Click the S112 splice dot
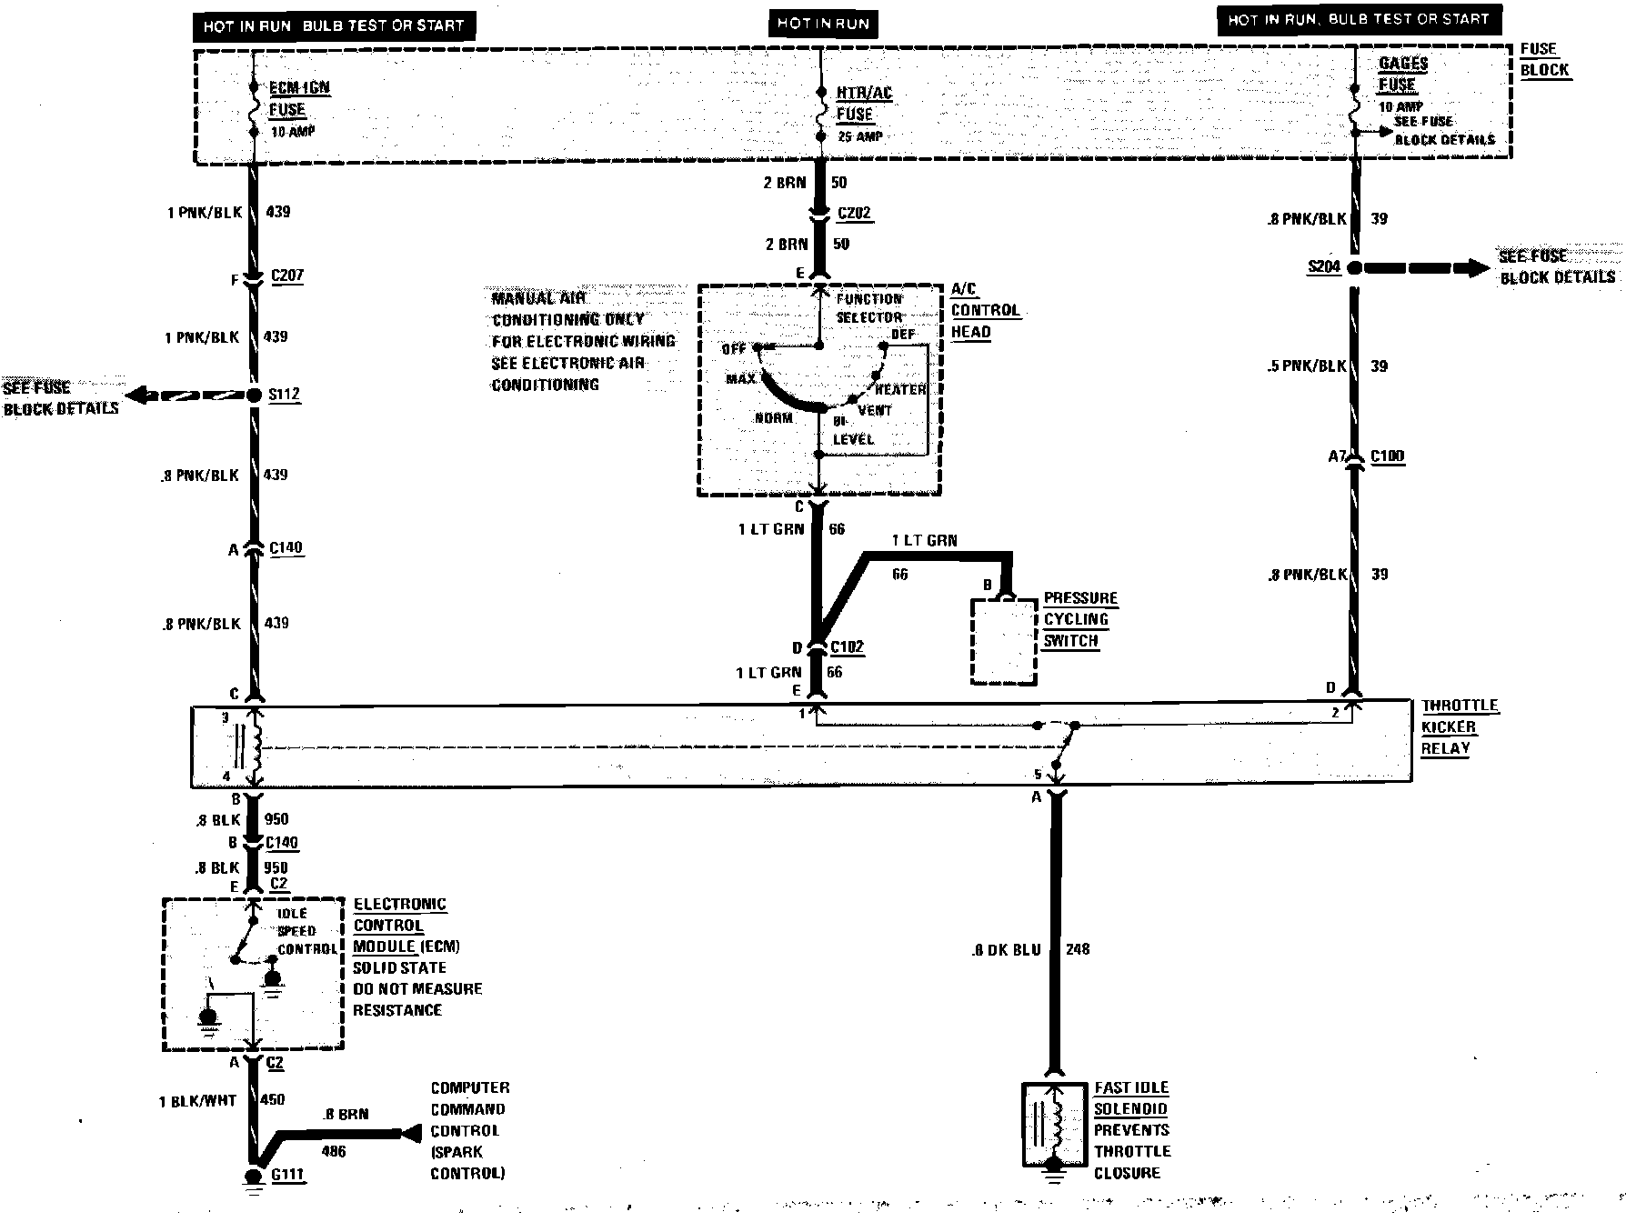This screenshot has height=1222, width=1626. (x=255, y=395)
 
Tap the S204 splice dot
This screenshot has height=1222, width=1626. (x=1354, y=268)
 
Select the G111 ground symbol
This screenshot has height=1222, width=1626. (x=255, y=1175)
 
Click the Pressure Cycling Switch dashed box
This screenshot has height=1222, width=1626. (x=1004, y=641)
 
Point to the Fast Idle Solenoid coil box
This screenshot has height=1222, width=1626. (x=1054, y=1125)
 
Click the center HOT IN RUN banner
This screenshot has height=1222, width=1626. (x=824, y=24)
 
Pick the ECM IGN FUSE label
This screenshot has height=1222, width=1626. (x=298, y=99)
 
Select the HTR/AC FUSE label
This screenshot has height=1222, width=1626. (x=863, y=104)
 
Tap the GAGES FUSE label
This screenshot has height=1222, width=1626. (x=1401, y=75)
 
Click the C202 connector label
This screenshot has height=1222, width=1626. (x=854, y=214)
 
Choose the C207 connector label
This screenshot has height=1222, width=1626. (x=287, y=275)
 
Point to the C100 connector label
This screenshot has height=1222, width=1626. (x=1387, y=456)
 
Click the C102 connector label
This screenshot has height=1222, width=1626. (x=848, y=646)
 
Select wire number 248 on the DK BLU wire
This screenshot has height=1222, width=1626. (x=1078, y=949)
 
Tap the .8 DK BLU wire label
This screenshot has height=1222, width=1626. (x=1006, y=950)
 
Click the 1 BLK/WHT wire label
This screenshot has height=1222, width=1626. (x=197, y=1100)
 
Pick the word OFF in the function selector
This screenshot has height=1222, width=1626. (x=733, y=349)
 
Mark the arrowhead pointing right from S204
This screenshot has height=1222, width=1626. (x=1473, y=268)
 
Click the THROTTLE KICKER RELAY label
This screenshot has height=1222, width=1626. (x=1459, y=726)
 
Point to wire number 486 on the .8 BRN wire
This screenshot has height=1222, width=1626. (x=334, y=1152)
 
